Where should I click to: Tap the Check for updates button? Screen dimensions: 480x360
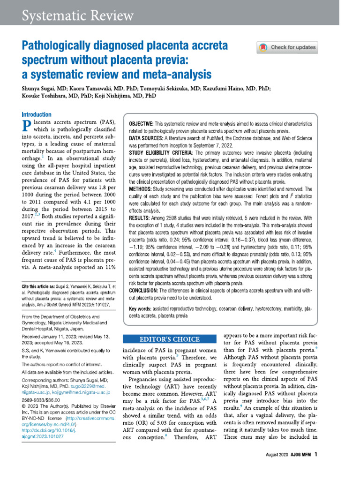[287, 47]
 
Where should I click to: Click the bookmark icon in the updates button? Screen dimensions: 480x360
[263, 47]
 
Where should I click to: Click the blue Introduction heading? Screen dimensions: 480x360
[37, 114]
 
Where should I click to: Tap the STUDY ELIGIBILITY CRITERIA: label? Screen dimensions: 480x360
[161, 153]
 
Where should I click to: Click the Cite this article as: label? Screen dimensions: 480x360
[41, 286]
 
